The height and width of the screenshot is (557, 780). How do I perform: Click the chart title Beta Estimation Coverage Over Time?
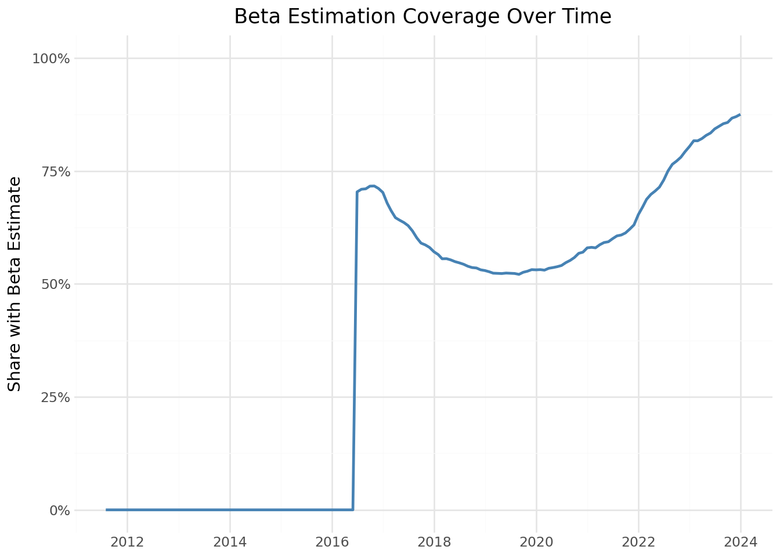tap(423, 17)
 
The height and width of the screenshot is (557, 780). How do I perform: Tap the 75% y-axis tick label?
tap(55, 172)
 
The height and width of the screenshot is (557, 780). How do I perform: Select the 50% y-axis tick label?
tap(55, 284)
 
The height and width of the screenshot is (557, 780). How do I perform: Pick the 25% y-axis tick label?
tap(55, 397)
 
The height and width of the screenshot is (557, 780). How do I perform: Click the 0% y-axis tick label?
tap(59, 511)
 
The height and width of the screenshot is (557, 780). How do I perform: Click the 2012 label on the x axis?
tap(127, 542)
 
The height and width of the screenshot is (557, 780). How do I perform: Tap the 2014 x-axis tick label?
tap(230, 542)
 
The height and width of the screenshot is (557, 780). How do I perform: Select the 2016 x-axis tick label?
tap(332, 542)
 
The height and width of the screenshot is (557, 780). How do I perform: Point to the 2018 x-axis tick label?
tap(434, 542)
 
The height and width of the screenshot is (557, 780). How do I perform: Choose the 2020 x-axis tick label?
tap(536, 542)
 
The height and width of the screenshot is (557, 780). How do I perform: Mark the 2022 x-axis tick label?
tap(638, 542)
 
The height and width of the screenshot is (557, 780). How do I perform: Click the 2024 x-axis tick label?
tap(741, 542)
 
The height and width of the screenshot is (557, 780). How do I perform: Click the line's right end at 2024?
tap(740, 114)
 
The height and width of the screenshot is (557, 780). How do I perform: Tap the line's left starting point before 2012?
tap(107, 510)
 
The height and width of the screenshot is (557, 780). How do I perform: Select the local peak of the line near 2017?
tap(372, 186)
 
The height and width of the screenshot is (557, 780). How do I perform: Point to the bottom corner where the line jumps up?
tap(353, 509)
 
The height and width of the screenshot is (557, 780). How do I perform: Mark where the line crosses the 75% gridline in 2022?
tap(669, 171)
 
